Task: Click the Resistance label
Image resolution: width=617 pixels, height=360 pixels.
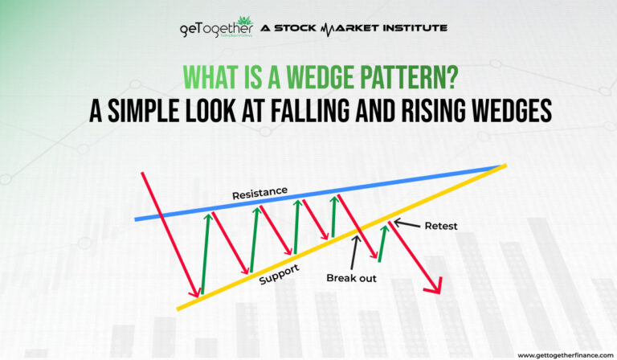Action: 259,194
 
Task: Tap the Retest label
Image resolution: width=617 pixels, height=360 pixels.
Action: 440,226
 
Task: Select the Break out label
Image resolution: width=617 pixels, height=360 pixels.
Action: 352,278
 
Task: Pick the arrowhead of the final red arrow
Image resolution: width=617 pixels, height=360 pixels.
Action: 436,287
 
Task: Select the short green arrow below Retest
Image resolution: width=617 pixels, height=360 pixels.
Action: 382,243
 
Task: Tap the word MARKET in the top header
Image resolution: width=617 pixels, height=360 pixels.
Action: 345,29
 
